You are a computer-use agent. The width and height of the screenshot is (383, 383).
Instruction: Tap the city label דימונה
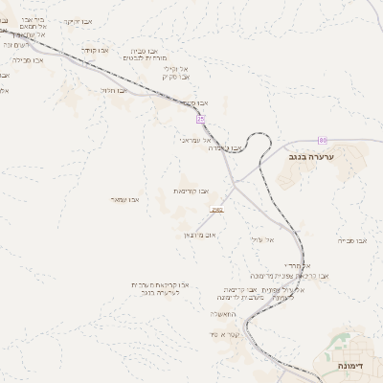(x=356, y=366)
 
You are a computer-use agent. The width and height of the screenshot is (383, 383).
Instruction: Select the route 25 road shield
(x=201, y=119)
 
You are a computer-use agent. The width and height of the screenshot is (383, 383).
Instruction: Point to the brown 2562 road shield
(x=218, y=209)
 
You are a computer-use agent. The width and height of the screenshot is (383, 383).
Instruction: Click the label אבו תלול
(x=114, y=90)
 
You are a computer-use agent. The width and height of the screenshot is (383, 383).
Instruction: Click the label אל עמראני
(x=196, y=140)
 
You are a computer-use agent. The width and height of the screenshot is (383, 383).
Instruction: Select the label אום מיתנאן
(x=198, y=234)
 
